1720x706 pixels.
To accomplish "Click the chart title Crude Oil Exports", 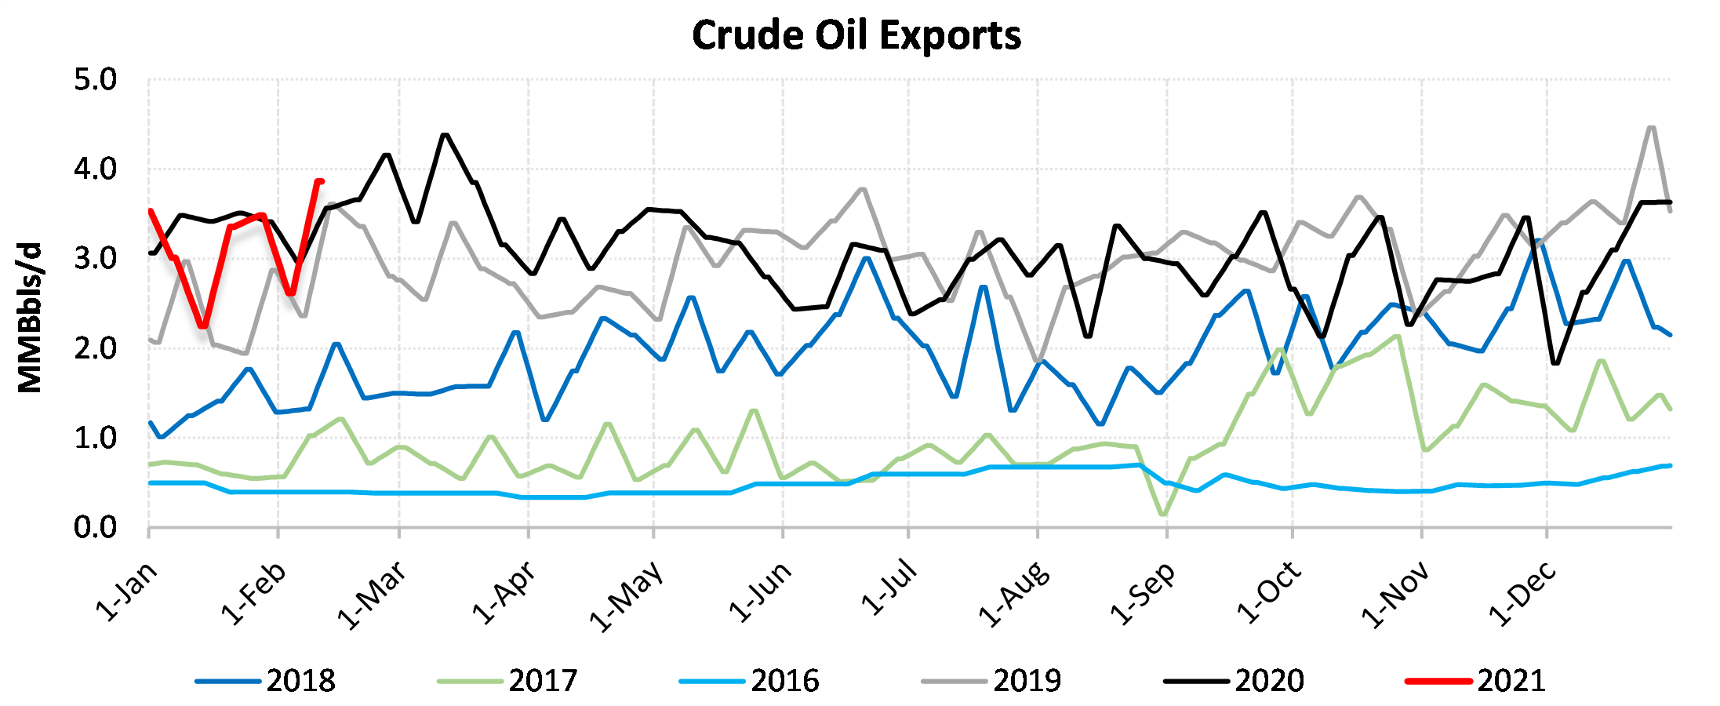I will (x=856, y=35).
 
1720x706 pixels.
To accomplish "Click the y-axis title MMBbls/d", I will (x=30, y=318).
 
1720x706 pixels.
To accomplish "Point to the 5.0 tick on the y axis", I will (x=95, y=80).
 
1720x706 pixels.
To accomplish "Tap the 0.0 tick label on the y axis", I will (x=95, y=528).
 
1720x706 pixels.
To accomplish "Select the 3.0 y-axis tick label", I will (x=95, y=259).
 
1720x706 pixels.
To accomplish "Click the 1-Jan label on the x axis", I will (x=127, y=592).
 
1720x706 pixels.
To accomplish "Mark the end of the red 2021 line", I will (x=321, y=181).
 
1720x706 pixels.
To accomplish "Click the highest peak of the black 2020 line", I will (x=445, y=135).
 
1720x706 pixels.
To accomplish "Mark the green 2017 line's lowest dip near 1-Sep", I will (x=1162, y=515).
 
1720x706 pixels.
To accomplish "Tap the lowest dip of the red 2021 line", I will (x=203, y=326).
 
